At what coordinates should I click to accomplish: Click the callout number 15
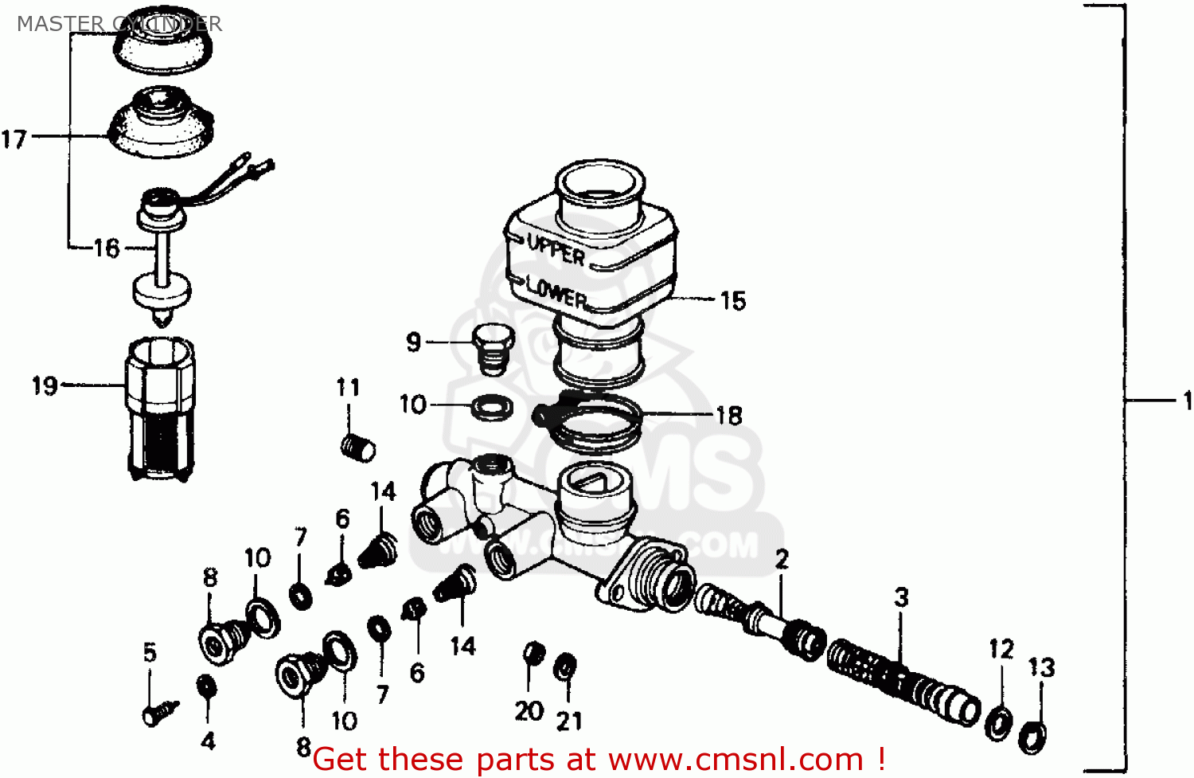(x=732, y=301)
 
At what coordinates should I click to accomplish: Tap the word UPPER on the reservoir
(x=556, y=250)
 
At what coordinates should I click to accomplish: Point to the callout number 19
(x=45, y=386)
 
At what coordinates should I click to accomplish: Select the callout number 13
(x=1041, y=667)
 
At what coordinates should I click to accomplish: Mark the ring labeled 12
(x=999, y=720)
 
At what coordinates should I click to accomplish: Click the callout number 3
(x=901, y=597)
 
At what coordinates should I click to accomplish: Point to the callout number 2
(x=782, y=560)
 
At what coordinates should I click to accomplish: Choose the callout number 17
(x=14, y=139)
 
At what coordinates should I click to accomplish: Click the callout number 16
(x=107, y=248)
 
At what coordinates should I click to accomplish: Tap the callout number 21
(x=569, y=721)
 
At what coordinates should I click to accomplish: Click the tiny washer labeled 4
(x=205, y=686)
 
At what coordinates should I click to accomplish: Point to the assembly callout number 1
(x=1186, y=400)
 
